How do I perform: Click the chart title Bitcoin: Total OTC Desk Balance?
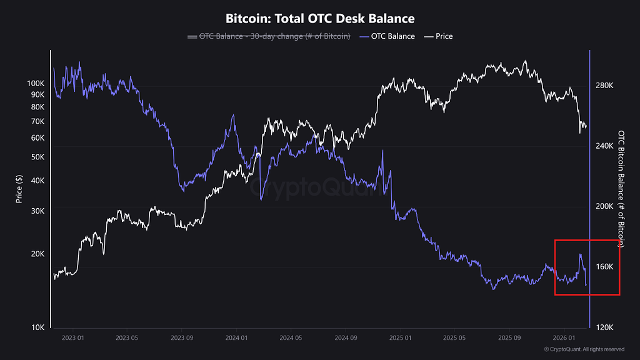pos(319,19)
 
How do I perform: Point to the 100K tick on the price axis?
pos(35,83)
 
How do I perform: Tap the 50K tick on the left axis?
pos(37,157)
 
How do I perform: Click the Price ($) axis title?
pos(19,189)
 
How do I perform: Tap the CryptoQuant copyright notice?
pos(584,349)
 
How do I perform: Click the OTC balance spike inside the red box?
pos(581,255)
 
